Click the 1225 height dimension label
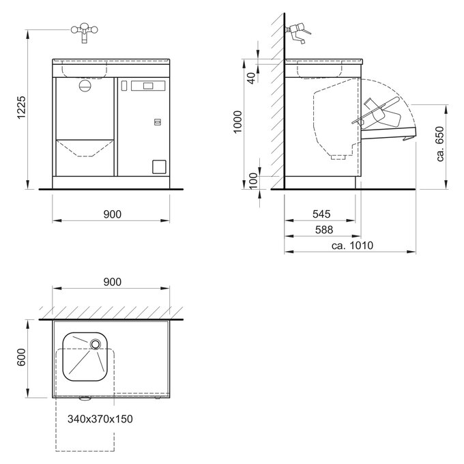tap(22, 107)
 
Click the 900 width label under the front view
tap(113, 214)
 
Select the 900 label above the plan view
tap(113, 282)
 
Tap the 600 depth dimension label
tap(21, 357)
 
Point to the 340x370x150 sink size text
tap(100, 419)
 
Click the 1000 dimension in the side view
tap(237, 122)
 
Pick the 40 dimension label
tap(251, 78)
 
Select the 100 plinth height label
tap(253, 181)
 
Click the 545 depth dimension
tap(321, 214)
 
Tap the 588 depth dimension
tap(324, 230)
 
